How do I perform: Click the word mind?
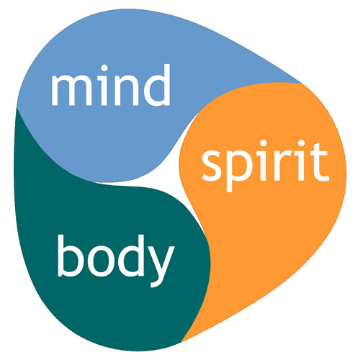(111, 85)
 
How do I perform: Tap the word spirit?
(265, 166)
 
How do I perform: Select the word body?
(116, 261)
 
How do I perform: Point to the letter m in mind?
(71, 90)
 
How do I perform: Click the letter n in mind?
(126, 90)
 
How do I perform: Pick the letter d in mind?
(157, 85)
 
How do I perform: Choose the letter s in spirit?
(212, 166)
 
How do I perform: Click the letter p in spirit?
(240, 171)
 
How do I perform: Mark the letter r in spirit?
(283, 165)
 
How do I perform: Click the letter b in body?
(70, 256)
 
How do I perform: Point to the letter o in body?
(101, 261)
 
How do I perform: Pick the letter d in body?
(131, 256)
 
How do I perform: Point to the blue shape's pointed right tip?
(301, 82)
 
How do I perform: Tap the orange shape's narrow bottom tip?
(181, 341)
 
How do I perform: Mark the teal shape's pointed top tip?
(17, 109)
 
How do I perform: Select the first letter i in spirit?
(264, 161)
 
